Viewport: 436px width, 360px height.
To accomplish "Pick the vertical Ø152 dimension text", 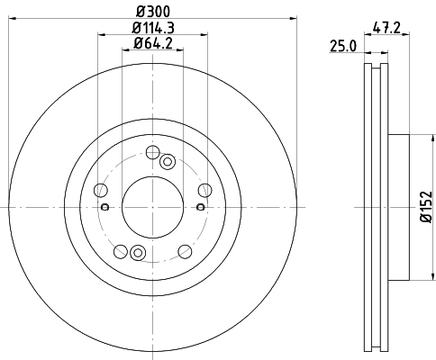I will pos(428,207).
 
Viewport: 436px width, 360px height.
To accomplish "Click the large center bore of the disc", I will pos(152,205).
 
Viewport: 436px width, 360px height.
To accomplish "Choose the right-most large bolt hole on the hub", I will pos(204,189).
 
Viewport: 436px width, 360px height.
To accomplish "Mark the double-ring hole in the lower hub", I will pos(137,253).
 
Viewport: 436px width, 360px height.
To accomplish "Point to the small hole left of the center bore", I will pos(105,206).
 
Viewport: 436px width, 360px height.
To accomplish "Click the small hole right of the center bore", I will pos(200,206).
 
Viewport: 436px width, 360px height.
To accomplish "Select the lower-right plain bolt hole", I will pos(185,249).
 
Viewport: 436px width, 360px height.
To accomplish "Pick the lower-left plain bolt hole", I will pos(121,249).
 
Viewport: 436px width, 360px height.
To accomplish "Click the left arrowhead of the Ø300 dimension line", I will pos(14,20).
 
